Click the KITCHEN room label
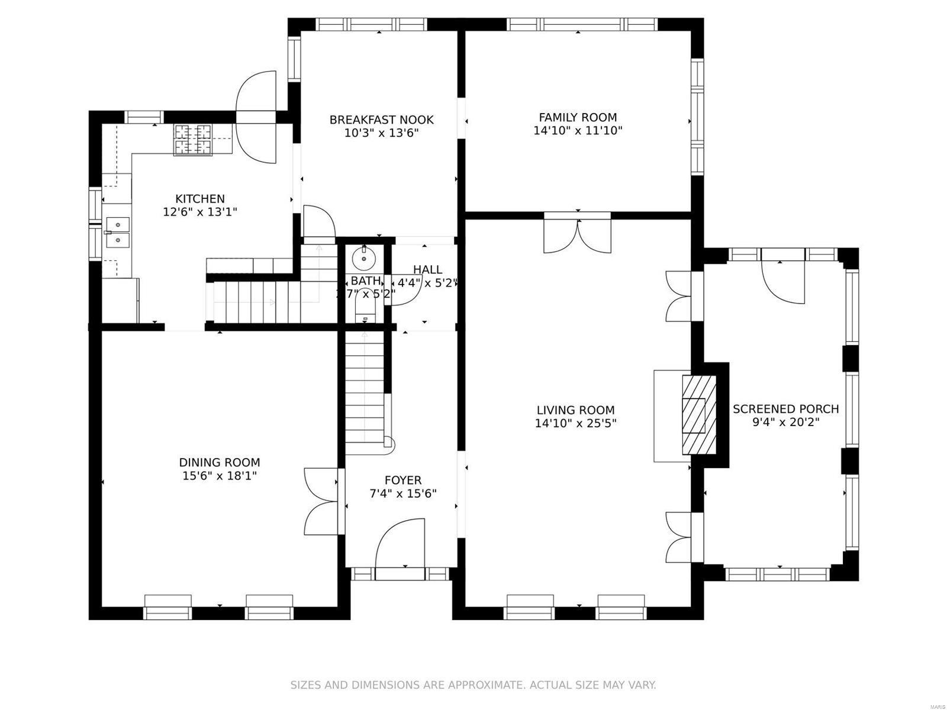pyautogui.click(x=200, y=199)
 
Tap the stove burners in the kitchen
pyautogui.click(x=192, y=140)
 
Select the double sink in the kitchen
pyautogui.click(x=117, y=233)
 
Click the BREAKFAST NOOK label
pyautogui.click(x=381, y=120)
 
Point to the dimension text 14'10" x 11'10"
pyautogui.click(x=578, y=131)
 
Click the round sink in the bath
pyautogui.click(x=361, y=258)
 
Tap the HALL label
pyautogui.click(x=427, y=270)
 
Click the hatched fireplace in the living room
pyautogui.click(x=699, y=414)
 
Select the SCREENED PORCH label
pyautogui.click(x=785, y=409)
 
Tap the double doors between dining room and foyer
pyautogui.click(x=323, y=502)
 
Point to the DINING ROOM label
pyautogui.click(x=220, y=463)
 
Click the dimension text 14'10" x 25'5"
pyautogui.click(x=575, y=424)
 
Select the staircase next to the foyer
pyautogui.click(x=365, y=390)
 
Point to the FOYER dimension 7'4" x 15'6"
pyautogui.click(x=403, y=493)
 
